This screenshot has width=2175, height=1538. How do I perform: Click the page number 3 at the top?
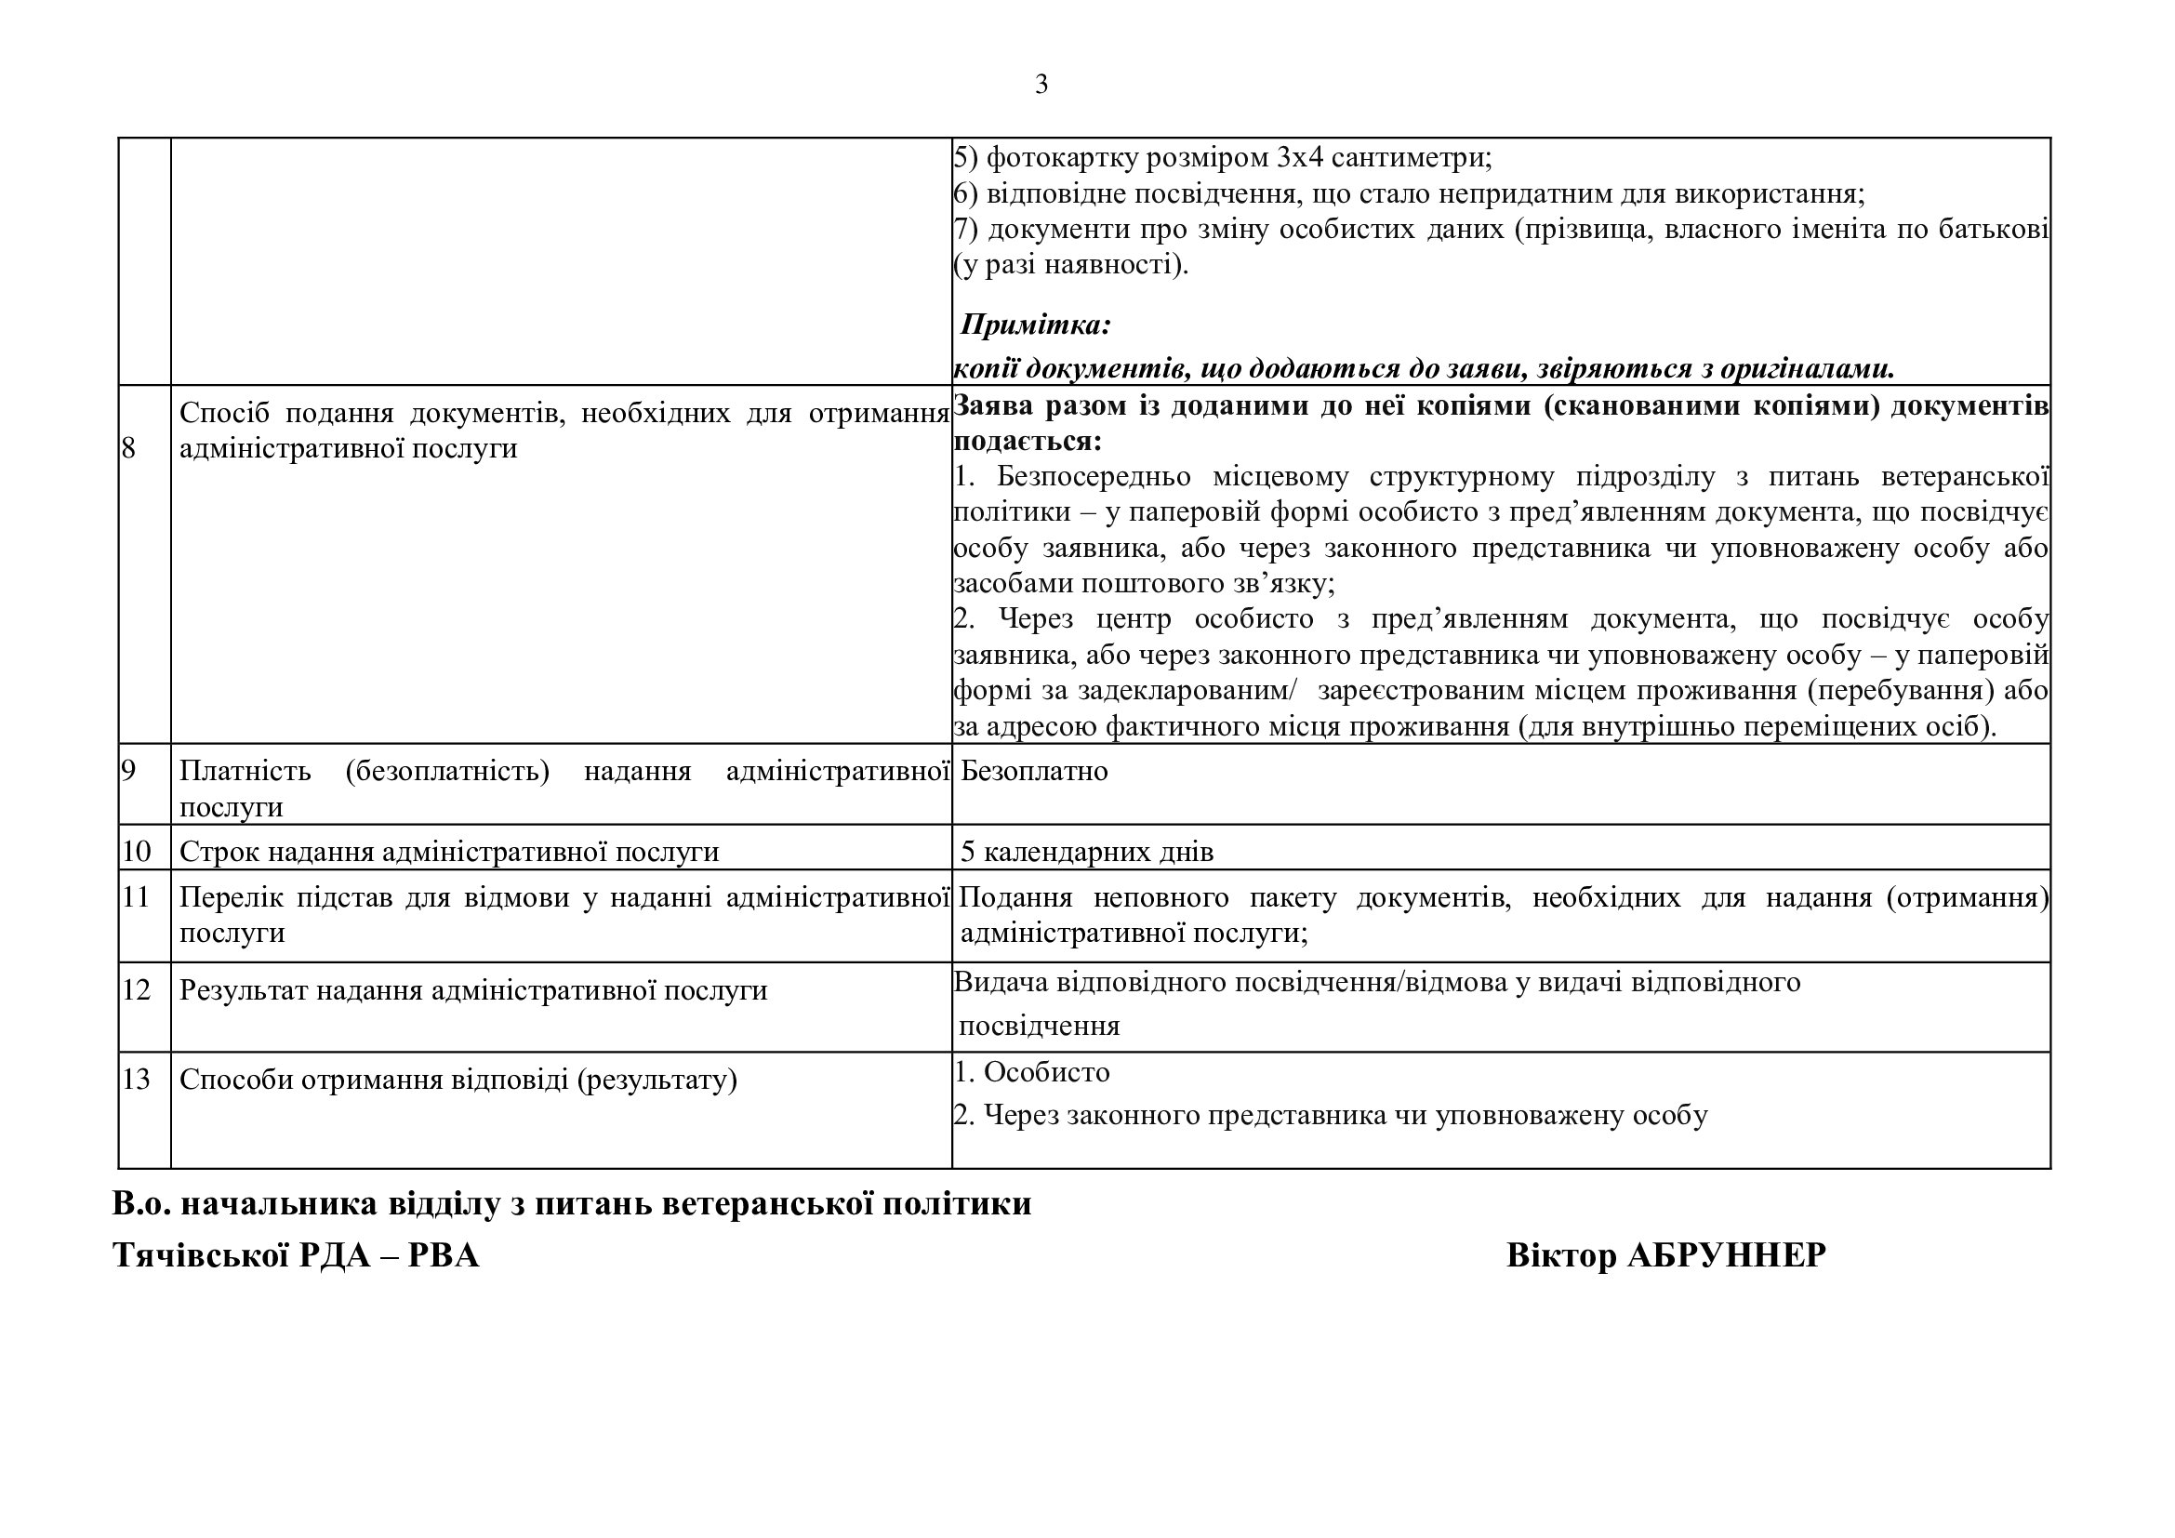point(1041,86)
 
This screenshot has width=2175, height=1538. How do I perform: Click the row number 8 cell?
point(129,448)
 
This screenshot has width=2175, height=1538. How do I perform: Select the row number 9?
point(129,771)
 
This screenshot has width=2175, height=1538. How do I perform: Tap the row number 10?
point(137,852)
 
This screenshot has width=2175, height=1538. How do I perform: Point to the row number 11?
point(137,896)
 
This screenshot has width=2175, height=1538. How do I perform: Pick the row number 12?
point(137,989)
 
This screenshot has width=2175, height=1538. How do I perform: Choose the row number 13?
point(137,1079)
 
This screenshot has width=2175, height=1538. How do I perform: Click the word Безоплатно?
point(1033,771)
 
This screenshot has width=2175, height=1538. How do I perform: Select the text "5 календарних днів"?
point(1086,852)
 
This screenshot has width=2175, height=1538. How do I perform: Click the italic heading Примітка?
point(1034,325)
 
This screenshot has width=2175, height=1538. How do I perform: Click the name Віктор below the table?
point(1561,1254)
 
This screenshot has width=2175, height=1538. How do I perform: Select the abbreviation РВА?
point(444,1254)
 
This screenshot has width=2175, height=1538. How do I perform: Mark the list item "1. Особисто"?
point(1031,1072)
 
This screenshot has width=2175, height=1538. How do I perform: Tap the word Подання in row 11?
point(1015,896)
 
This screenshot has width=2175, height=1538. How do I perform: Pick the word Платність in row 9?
point(245,771)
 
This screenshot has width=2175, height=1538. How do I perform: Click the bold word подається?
point(1027,442)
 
